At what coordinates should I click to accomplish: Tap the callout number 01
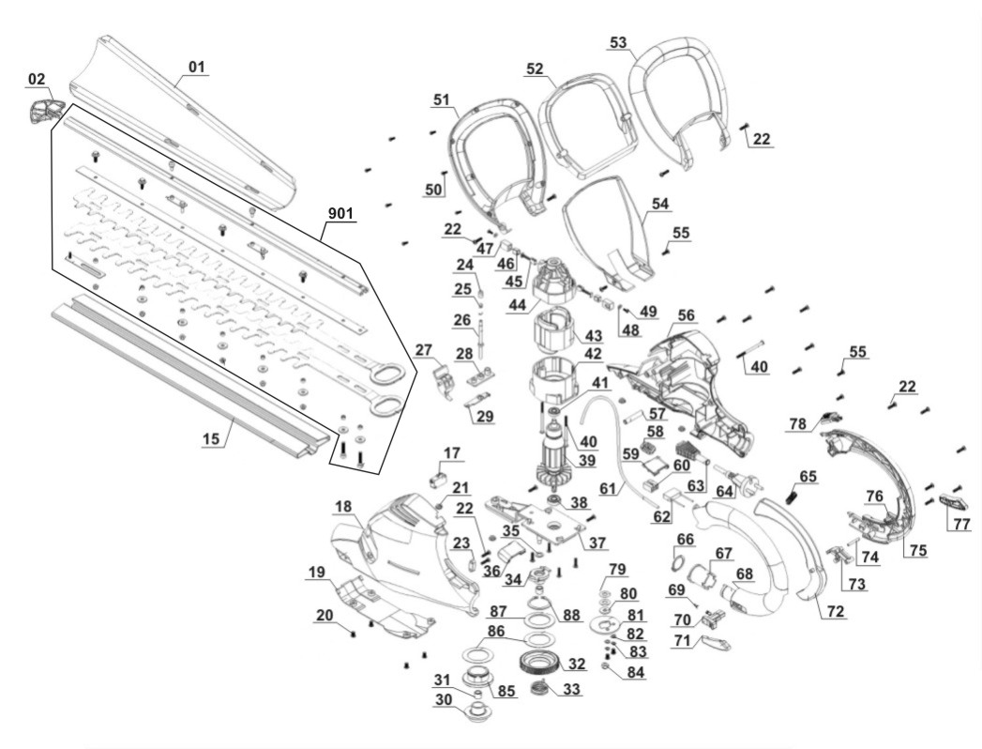click(196, 67)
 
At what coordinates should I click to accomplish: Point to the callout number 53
click(618, 43)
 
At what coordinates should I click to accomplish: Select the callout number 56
click(687, 315)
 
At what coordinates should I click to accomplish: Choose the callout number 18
click(343, 506)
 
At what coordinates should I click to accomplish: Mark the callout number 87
click(497, 611)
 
